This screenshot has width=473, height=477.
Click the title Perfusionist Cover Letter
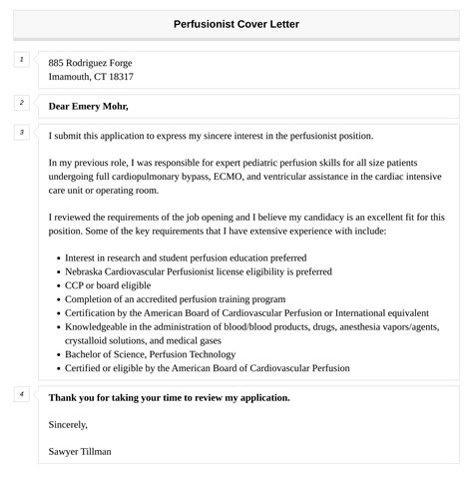(236, 23)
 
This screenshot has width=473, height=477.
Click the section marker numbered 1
(22, 60)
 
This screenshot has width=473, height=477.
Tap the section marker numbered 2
(22, 102)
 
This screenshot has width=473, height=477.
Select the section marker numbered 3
(22, 132)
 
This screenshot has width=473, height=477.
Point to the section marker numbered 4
(22, 394)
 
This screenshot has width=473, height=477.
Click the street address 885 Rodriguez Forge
(90, 63)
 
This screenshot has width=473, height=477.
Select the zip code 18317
(119, 77)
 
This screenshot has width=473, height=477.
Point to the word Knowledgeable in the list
(96, 326)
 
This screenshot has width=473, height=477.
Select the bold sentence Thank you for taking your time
(169, 397)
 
